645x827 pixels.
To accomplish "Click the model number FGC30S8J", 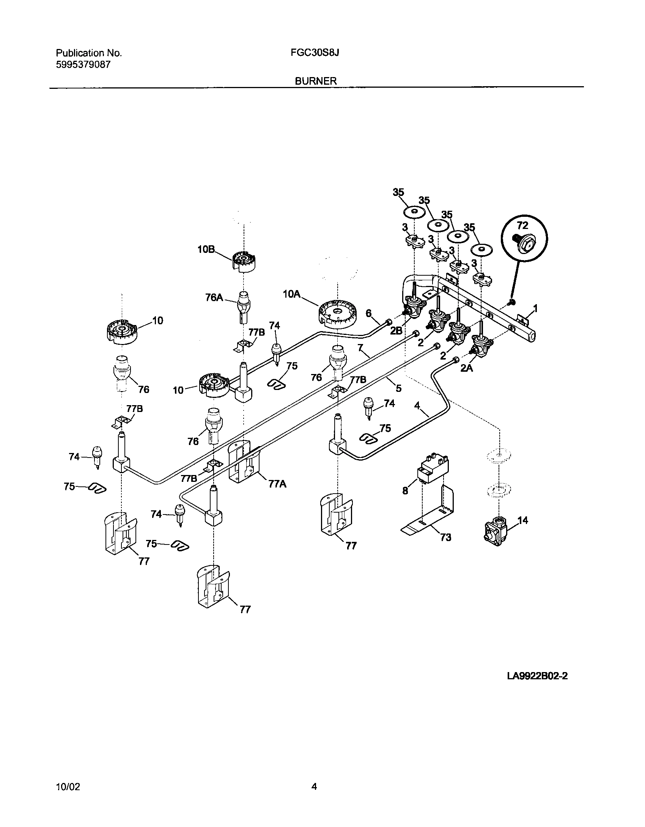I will pyautogui.click(x=315, y=53).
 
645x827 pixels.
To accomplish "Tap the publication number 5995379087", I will pyautogui.click(x=83, y=65).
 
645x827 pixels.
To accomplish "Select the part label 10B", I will pyautogui.click(x=206, y=249).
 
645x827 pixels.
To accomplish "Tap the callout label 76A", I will pyautogui.click(x=214, y=297).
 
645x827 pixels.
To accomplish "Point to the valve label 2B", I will pyautogui.click(x=396, y=330).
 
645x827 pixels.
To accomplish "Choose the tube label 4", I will pyautogui.click(x=417, y=406).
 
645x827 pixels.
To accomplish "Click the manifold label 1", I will pyautogui.click(x=535, y=309).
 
